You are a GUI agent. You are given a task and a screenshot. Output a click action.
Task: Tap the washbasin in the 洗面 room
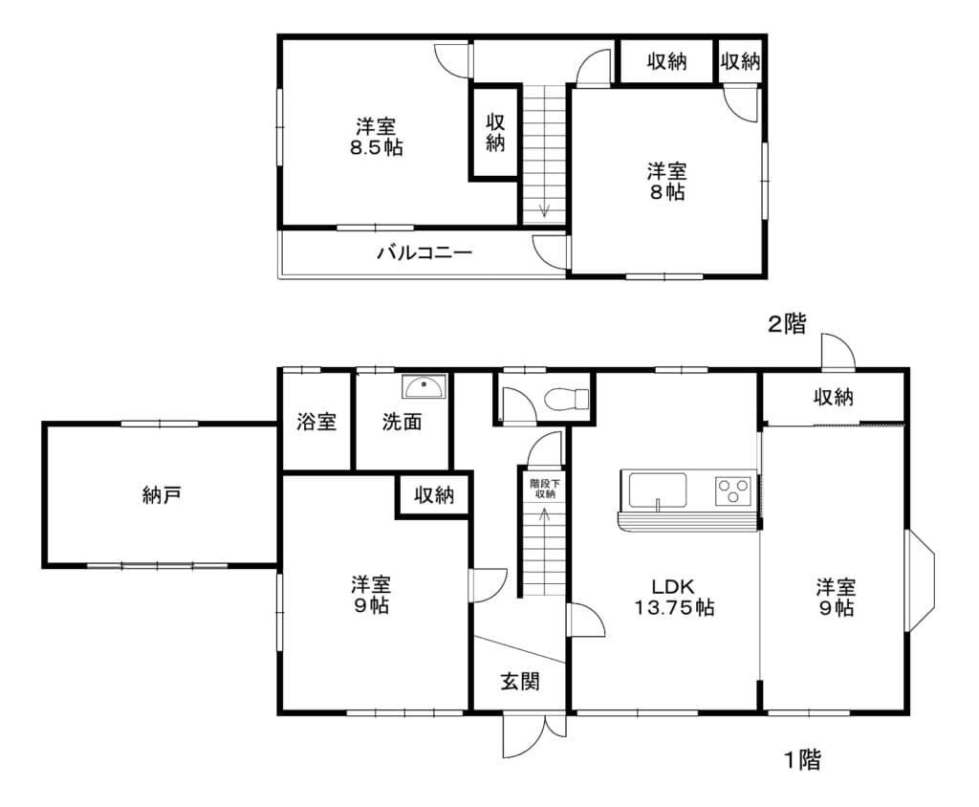(424, 386)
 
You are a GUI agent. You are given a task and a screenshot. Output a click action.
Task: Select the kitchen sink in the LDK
(657, 491)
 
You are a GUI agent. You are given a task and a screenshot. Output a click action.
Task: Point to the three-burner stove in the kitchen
(733, 491)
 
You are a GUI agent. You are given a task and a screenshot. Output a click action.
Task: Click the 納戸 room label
(162, 495)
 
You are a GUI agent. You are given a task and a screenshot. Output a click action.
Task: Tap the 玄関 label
(520, 681)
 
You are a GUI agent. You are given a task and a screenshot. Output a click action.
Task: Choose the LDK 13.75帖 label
(674, 598)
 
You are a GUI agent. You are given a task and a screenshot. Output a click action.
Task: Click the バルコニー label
(424, 253)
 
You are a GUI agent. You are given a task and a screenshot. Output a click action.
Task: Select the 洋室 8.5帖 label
(377, 137)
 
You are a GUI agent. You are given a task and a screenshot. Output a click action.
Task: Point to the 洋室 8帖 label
(666, 181)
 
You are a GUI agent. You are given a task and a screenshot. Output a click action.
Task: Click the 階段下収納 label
(545, 489)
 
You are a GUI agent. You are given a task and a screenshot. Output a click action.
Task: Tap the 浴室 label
(316, 422)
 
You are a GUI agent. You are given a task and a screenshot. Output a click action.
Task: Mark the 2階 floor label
(787, 323)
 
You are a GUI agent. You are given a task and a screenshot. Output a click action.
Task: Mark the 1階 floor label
(803, 760)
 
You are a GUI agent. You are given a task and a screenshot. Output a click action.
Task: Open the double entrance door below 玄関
(533, 735)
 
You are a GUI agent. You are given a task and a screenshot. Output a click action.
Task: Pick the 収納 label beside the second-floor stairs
(495, 132)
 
